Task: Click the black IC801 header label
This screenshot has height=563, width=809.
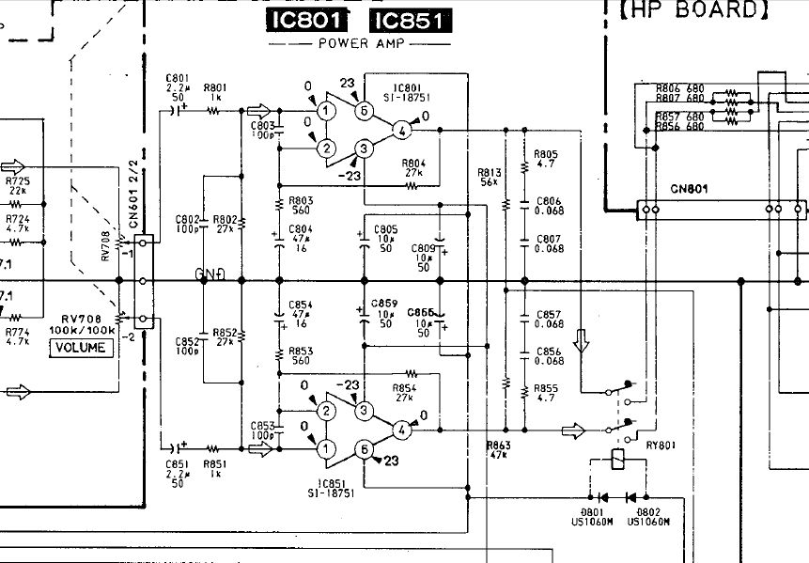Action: coord(306,22)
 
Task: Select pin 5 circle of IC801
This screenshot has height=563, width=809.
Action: coord(364,111)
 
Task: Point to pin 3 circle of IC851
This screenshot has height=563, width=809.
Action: coord(361,411)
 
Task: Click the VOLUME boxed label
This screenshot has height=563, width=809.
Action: coord(83,348)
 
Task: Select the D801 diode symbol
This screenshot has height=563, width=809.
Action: coord(601,497)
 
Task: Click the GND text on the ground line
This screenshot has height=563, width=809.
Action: coord(211,274)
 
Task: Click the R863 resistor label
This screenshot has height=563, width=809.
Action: coord(498,447)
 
